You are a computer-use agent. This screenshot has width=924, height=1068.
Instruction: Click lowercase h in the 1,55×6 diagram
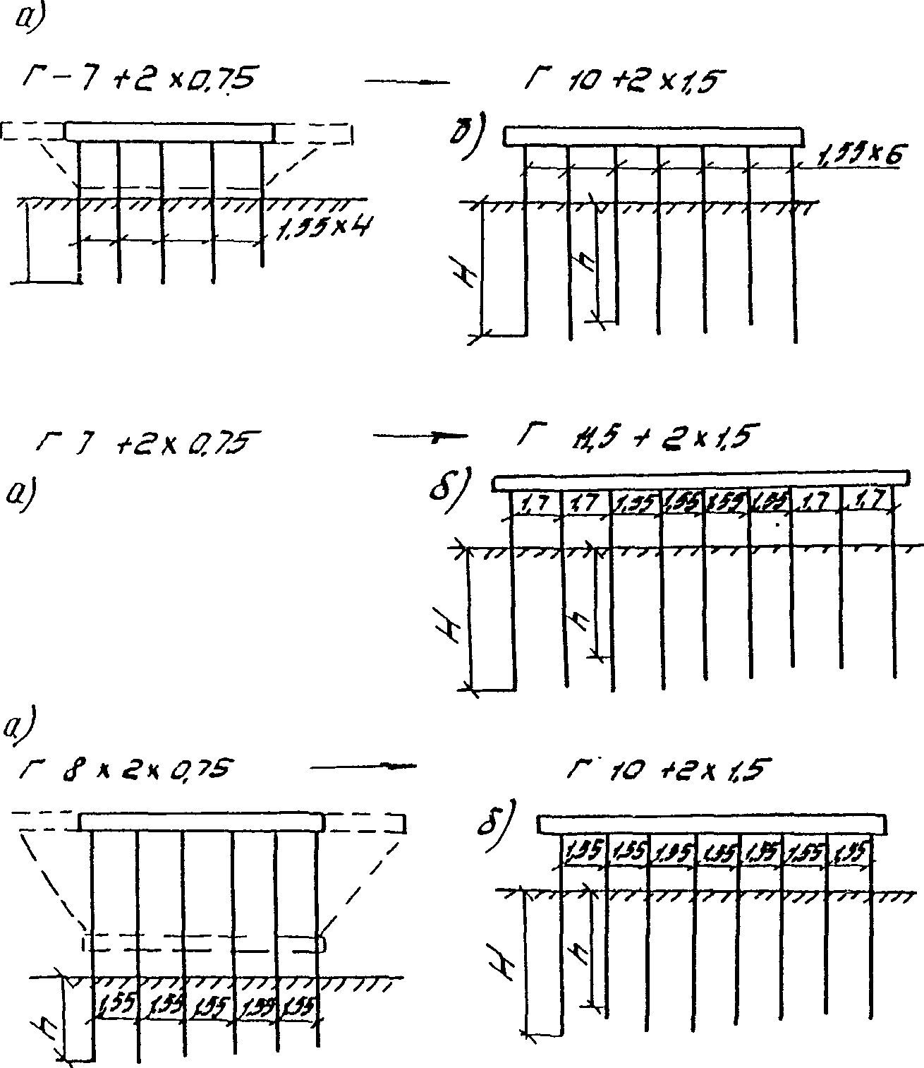[x=584, y=265]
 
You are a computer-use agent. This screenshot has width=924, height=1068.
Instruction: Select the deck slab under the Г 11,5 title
[x=700, y=482]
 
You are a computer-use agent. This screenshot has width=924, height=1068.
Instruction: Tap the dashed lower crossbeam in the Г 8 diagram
[x=203, y=943]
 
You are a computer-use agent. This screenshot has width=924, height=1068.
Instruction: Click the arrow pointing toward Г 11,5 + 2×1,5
[x=420, y=437]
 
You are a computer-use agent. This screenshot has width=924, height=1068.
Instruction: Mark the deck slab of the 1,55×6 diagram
[x=654, y=136]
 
